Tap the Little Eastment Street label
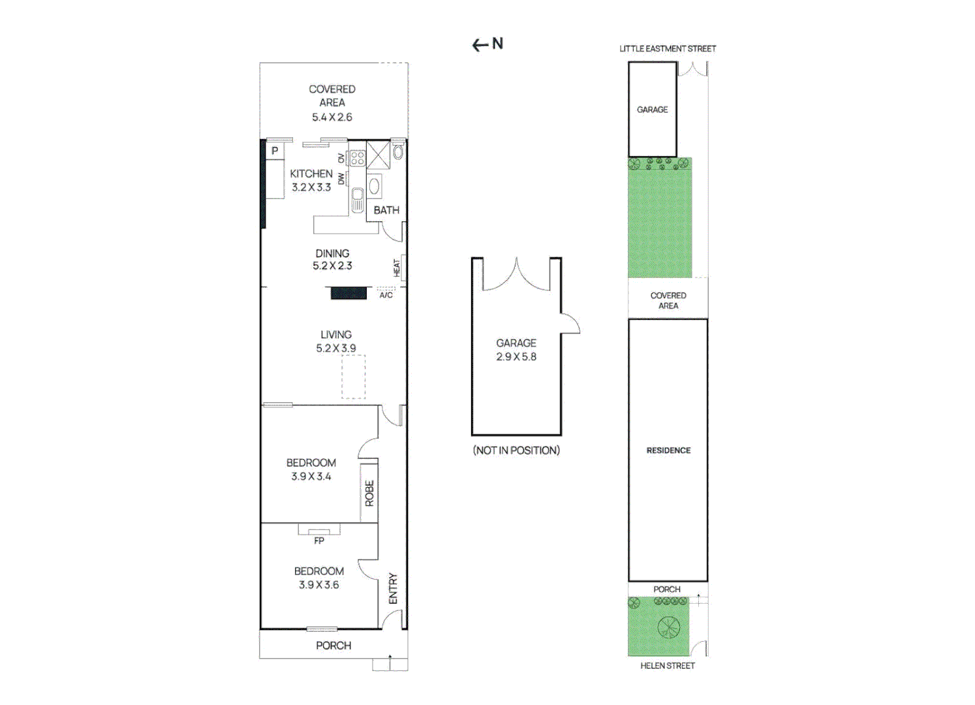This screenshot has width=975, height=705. coord(667,49)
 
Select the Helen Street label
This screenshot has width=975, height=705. coord(667,665)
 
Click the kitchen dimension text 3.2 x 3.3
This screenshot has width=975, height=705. coord(311,187)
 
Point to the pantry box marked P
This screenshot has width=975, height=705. coord(275,151)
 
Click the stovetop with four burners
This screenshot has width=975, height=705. coord(357,158)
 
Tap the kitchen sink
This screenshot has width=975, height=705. coord(357,200)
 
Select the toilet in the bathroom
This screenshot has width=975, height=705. coord(397,152)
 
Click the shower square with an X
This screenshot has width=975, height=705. coord(378,155)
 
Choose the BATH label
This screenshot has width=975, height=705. coord(386,210)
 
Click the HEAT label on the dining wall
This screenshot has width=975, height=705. coord(396,268)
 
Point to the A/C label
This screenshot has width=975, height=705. coord(386,296)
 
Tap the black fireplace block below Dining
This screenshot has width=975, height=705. coord(348,293)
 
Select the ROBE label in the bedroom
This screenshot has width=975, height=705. coord(369,493)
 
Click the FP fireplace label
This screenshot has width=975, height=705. coord(319,540)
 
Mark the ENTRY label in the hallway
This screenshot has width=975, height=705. coord(393,588)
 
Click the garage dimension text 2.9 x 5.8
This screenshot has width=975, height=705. coord(516,357)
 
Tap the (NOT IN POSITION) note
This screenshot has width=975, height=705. coord(516,450)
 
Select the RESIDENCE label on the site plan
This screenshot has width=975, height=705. coord(668,450)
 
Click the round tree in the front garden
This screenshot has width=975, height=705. coord(668,627)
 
